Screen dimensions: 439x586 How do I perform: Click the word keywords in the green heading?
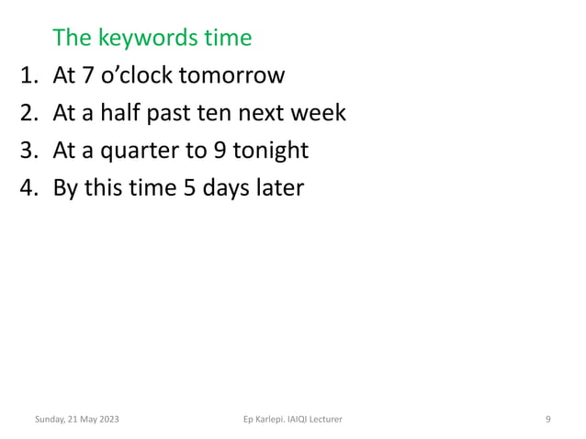pos(145,39)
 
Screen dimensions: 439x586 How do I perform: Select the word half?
pos(125,113)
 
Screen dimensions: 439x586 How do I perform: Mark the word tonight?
pos(266,151)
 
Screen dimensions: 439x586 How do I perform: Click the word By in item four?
pos(68,188)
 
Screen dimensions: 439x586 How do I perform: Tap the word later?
pos(277,188)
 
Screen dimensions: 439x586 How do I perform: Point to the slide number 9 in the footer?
pos(547,420)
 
